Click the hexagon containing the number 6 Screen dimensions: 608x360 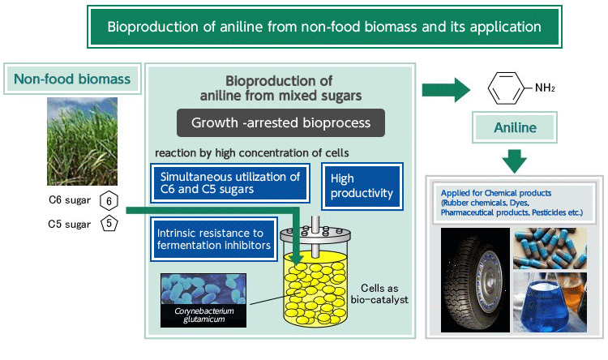pos(109,200)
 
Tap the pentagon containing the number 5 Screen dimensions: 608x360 pos(109,224)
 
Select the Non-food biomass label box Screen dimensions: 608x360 pos(72,79)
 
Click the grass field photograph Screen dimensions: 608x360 pos(82,141)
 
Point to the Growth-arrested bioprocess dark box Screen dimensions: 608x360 pos(280,122)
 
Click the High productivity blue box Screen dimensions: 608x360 pos(362,186)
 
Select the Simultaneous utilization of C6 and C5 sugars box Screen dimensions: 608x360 pos(230,183)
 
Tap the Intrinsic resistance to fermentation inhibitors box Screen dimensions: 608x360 pos(214,239)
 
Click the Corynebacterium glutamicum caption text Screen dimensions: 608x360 pos(204,315)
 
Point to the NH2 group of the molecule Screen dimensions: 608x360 pos(545,88)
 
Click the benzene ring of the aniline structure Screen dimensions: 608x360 pos(506,88)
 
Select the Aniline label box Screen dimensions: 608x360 pos(515,127)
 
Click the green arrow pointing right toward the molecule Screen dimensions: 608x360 pos(446,90)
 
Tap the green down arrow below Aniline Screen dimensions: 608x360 pos(515,161)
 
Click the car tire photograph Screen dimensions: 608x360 pos(475,280)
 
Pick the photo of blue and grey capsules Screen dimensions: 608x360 pos(550,248)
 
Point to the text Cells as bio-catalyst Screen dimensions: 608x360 pos(379,294)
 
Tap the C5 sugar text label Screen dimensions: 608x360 pos(70,225)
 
